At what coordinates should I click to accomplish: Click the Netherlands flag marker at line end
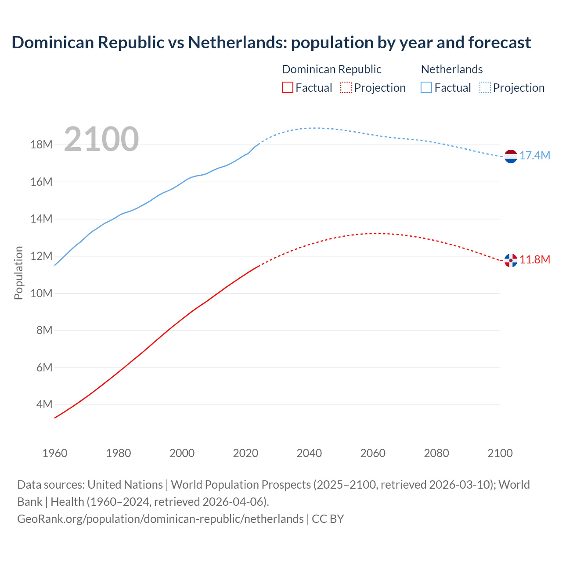tap(511, 156)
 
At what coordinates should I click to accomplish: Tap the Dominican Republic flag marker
tap(511, 260)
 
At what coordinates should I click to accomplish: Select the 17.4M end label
tap(535, 156)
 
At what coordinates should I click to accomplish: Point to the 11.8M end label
tap(535, 259)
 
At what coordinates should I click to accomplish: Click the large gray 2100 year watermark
tap(101, 139)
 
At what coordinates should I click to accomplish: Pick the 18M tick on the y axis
tap(41, 145)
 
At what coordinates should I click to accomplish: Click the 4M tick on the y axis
tap(44, 404)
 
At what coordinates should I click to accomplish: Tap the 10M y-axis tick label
tap(41, 293)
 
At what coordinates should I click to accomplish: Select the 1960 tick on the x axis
tap(55, 453)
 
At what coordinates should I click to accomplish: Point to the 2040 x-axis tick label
tap(309, 453)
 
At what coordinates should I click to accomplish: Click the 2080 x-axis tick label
tap(436, 453)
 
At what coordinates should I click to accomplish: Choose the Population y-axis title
tap(18, 273)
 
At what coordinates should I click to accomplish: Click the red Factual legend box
tap(288, 87)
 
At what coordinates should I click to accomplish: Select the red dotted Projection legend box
tap(346, 87)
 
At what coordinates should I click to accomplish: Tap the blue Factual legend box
tap(426, 87)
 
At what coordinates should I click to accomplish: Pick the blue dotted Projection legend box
tap(485, 87)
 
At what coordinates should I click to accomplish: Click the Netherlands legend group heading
tap(452, 69)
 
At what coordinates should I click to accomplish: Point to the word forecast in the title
tap(500, 43)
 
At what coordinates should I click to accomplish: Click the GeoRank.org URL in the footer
tap(160, 519)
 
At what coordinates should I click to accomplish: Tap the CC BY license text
tap(328, 519)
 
